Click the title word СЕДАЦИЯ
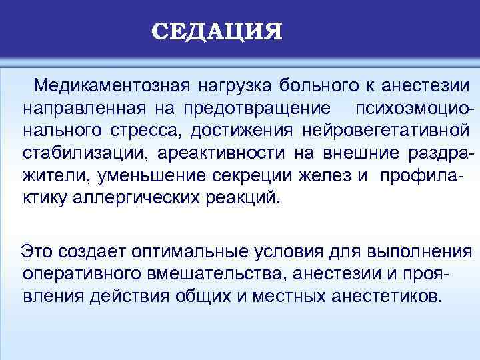coord(217,31)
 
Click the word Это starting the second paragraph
coord(37,251)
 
